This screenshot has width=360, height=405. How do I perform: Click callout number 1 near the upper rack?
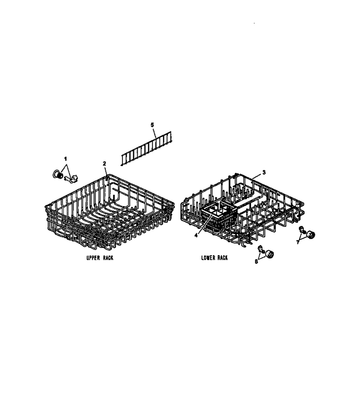coord(65,158)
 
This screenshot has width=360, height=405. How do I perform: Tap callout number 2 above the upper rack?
coord(104,163)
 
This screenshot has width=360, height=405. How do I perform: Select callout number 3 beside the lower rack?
coord(264,172)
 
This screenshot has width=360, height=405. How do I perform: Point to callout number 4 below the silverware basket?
coord(196,235)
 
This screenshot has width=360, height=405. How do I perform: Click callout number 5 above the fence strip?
coord(153,125)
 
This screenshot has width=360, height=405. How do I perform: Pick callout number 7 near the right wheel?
coord(298,242)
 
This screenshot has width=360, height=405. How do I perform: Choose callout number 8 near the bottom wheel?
coord(256,261)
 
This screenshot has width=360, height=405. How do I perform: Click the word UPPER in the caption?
coord(93,258)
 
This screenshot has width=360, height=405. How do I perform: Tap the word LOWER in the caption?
coord(208,258)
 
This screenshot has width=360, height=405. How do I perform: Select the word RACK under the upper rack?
coord(108,258)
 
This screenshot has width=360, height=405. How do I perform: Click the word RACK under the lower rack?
coord(222,258)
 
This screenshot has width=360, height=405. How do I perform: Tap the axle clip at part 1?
coord(71,179)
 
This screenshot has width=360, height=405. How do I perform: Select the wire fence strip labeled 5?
coord(146,148)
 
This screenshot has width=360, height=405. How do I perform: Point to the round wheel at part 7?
coord(310,235)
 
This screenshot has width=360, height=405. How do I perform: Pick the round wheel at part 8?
coord(270,254)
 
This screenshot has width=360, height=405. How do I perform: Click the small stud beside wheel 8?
coord(261,249)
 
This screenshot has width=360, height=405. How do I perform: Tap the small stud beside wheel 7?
coord(301,229)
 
